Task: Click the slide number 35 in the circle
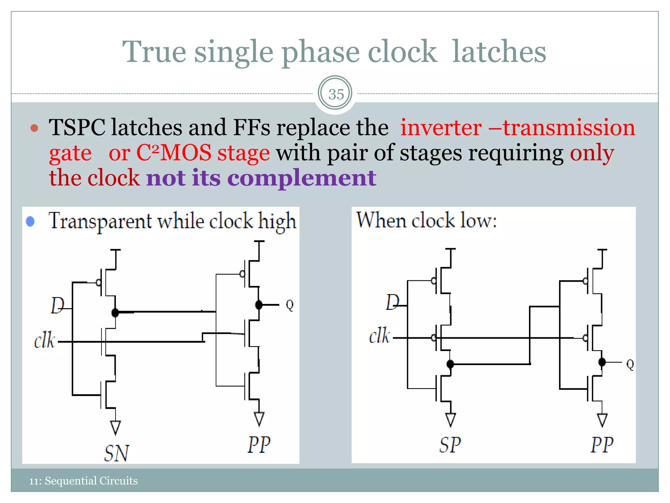(x=336, y=94)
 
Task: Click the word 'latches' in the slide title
(x=499, y=52)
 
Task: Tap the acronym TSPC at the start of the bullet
(x=77, y=127)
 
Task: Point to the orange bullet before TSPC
(x=34, y=128)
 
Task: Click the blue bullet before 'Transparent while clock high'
(x=30, y=222)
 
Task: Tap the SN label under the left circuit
(x=116, y=453)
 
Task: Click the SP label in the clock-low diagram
(x=450, y=445)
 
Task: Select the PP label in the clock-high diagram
(x=259, y=445)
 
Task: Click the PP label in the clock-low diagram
(x=602, y=445)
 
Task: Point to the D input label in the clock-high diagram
(x=57, y=306)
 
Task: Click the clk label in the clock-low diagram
(x=379, y=336)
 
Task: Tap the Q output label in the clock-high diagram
(x=290, y=305)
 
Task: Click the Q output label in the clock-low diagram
(x=630, y=364)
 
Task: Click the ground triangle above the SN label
(x=115, y=427)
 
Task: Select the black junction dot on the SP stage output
(x=450, y=364)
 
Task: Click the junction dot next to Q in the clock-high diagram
(x=259, y=305)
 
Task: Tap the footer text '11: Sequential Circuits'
(x=83, y=481)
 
